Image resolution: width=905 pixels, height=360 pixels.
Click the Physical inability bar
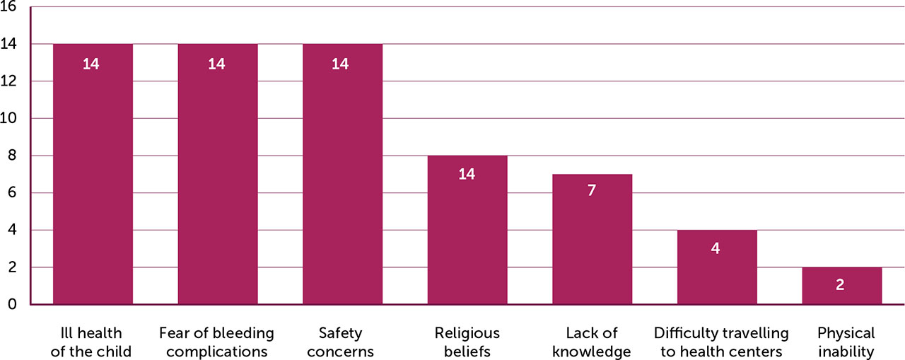(x=841, y=286)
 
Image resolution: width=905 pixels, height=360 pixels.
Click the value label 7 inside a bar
(x=592, y=191)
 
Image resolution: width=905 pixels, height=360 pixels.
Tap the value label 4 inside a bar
(x=716, y=248)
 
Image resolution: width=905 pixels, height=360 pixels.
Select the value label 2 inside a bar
(x=841, y=285)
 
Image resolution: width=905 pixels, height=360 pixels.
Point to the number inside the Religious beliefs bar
(x=467, y=174)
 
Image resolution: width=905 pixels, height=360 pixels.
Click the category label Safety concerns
(x=342, y=342)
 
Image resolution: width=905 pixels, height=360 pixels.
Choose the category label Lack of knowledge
(x=592, y=342)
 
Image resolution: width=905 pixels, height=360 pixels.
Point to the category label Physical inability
(x=846, y=342)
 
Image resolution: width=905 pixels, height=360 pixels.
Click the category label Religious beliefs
(x=467, y=342)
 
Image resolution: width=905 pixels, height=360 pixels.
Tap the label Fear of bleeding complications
(x=217, y=342)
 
